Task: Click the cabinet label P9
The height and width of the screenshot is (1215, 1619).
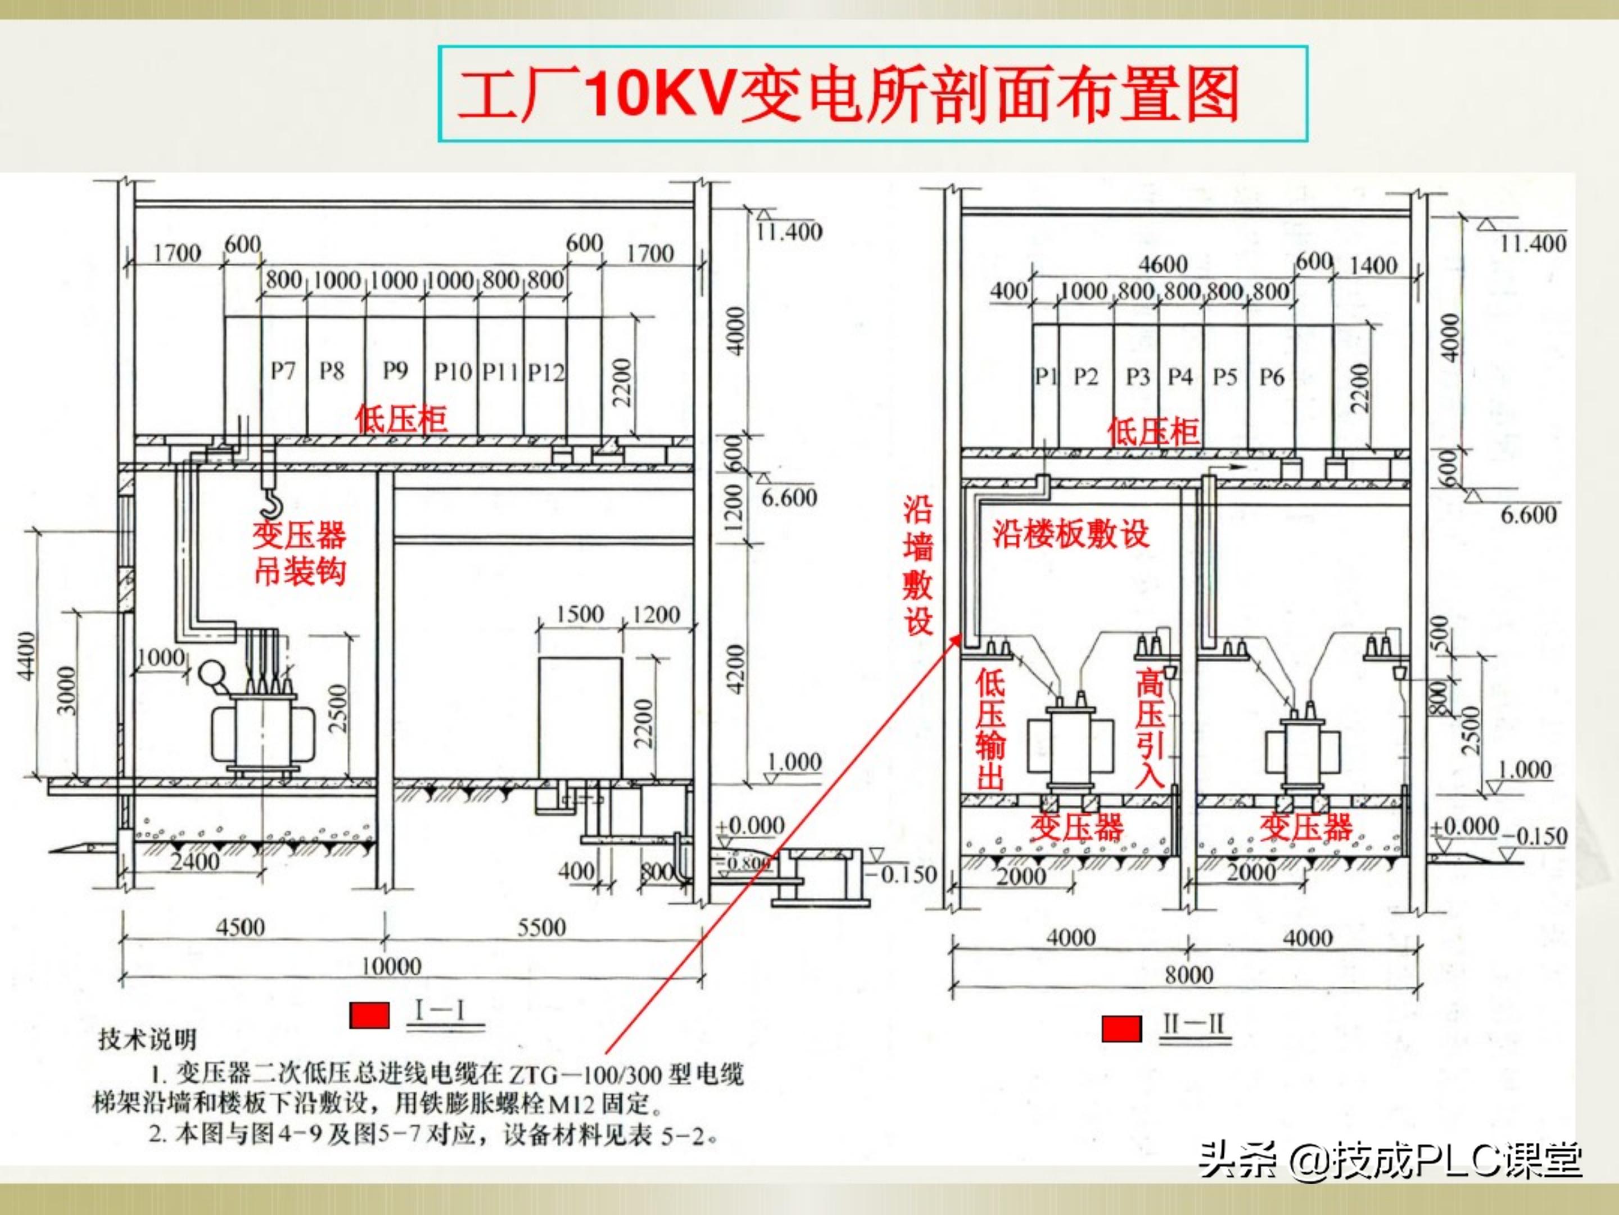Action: click(395, 371)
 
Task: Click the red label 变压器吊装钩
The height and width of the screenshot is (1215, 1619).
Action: click(300, 553)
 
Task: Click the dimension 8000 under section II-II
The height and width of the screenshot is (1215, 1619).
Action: click(1188, 975)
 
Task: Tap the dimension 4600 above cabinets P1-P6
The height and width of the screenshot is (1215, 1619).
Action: click(1163, 264)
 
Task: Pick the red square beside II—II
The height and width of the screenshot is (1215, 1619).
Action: click(1121, 1028)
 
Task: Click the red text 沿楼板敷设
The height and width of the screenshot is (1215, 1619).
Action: click(1070, 534)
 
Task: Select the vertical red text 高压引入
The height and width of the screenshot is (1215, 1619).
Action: click(1149, 728)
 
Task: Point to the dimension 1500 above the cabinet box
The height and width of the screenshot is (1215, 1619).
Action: click(580, 614)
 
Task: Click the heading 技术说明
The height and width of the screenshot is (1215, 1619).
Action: click(148, 1038)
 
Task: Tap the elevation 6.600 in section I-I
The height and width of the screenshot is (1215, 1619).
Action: click(789, 498)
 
